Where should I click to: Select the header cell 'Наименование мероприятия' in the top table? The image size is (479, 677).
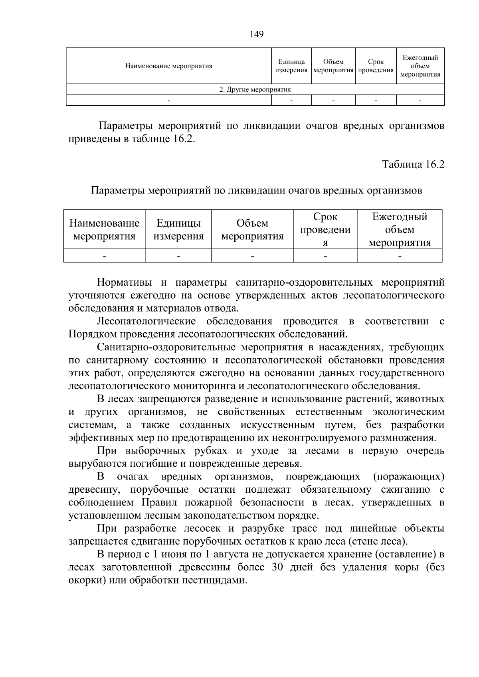pos(168,66)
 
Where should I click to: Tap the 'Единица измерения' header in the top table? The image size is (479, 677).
pos(291,66)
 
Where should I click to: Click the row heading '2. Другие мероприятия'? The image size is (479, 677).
pos(255,89)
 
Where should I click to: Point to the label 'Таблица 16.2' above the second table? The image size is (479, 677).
pos(413,164)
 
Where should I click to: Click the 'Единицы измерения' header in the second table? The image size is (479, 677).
pos(178,229)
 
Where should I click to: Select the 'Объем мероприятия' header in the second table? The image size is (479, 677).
pos(252,229)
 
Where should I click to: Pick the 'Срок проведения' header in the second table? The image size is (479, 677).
pos(325,229)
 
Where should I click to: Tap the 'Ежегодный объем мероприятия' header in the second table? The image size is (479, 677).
pos(400,229)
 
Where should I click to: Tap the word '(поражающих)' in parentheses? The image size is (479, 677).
pos(408,477)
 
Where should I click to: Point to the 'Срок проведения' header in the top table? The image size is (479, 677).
pos(376,66)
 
